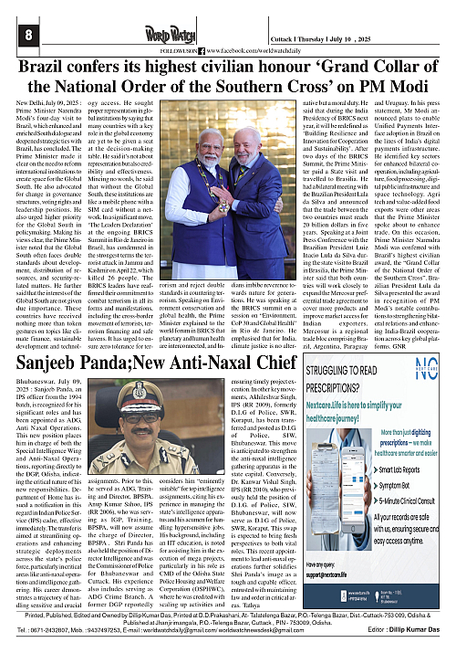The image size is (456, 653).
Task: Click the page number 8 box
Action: click(x=16, y=34)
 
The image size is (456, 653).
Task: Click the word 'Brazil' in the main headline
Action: click(x=52, y=69)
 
